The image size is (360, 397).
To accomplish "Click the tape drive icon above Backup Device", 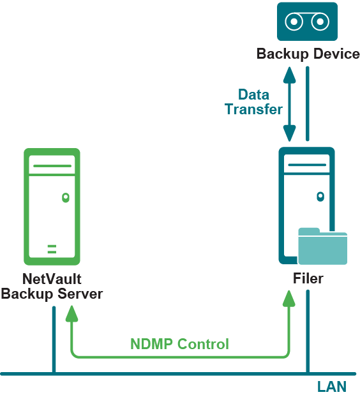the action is (307, 22).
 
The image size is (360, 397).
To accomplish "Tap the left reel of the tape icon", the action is (294, 22).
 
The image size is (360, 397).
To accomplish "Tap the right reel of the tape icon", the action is (320, 22).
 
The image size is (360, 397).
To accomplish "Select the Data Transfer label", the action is (253, 102).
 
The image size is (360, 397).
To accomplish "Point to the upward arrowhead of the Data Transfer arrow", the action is (289, 75).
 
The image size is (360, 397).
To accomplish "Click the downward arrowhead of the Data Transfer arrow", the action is (289, 133).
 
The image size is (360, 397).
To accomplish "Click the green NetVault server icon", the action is (52, 207).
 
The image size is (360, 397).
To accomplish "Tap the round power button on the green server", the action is (66, 197).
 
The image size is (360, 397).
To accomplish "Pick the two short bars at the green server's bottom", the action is (52, 249).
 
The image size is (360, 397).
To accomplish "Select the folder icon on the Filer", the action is (322, 246).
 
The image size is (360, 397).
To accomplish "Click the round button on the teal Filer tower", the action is (320, 197).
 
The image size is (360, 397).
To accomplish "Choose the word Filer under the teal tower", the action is (308, 279).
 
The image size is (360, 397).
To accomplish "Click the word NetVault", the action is (52, 279).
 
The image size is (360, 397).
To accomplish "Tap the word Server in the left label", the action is (80, 294).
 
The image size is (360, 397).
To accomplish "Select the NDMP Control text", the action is (179, 344).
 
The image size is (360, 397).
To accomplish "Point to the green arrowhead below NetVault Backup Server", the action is (71, 313).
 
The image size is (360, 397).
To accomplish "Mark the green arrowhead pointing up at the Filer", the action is (289, 299).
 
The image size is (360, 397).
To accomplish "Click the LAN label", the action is (332, 387).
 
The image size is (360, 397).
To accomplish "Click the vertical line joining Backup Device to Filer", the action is (308, 103).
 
